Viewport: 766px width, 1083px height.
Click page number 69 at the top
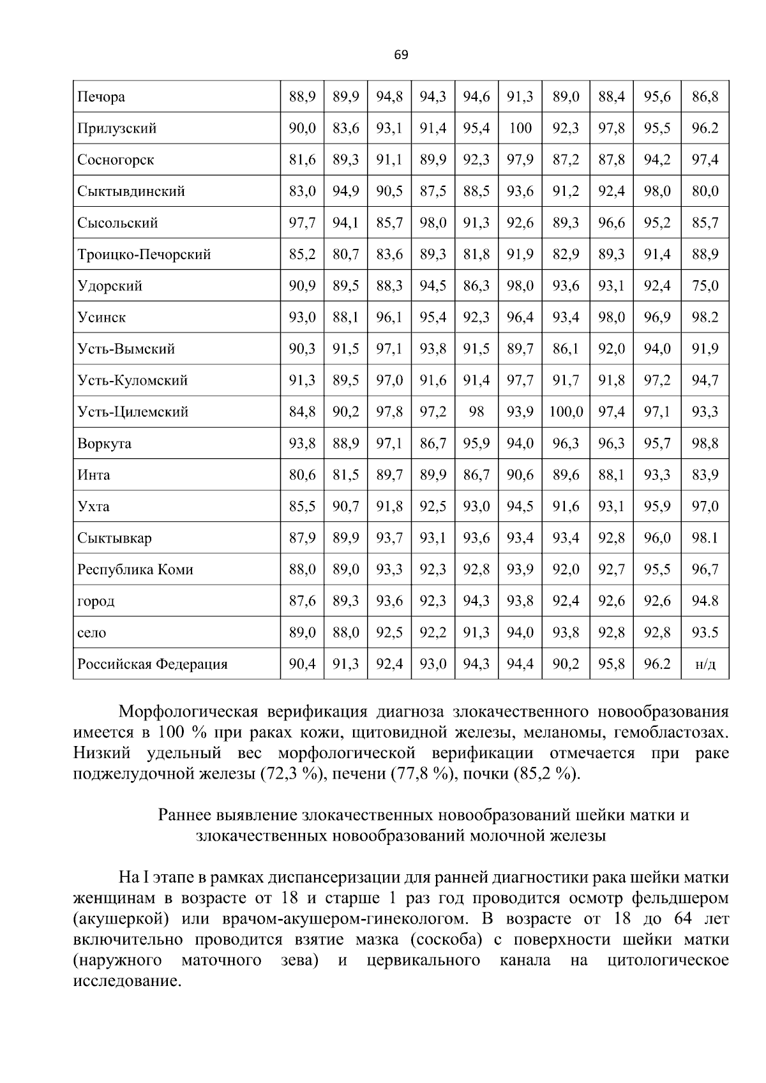(x=401, y=55)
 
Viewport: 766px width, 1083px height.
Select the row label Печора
(x=101, y=97)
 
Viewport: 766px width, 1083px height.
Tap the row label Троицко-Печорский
(x=144, y=255)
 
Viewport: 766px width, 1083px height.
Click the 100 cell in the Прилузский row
(x=520, y=128)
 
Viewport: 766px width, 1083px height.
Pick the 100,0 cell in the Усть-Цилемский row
(x=566, y=412)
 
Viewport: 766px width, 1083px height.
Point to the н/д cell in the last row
(x=705, y=664)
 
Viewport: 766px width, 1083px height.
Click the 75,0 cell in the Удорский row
(x=705, y=286)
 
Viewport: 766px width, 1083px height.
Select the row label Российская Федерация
(x=152, y=664)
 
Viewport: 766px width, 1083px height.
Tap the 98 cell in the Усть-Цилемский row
(x=476, y=412)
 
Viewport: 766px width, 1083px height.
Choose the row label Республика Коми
(x=135, y=570)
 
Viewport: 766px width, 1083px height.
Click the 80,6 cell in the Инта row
(x=302, y=475)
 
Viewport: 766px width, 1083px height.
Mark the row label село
(x=91, y=633)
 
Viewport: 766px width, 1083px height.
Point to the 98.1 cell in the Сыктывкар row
(x=705, y=538)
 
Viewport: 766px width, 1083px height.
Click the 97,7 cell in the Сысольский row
(x=302, y=223)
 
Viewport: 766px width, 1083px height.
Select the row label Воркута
(x=104, y=444)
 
